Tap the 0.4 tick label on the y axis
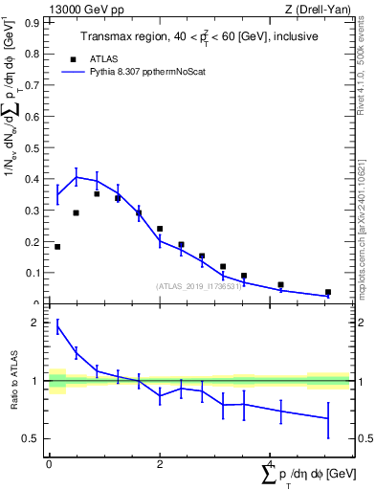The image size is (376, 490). tap(35, 179)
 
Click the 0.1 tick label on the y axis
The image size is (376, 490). tap(35, 273)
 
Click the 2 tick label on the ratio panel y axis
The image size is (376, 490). tap(37, 323)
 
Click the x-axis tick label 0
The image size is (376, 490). tap(49, 464)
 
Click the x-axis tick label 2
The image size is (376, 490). tap(160, 464)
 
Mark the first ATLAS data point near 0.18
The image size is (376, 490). tap(57, 247)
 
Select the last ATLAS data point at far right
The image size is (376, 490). tap(327, 292)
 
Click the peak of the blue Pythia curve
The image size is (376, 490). tap(77, 176)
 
